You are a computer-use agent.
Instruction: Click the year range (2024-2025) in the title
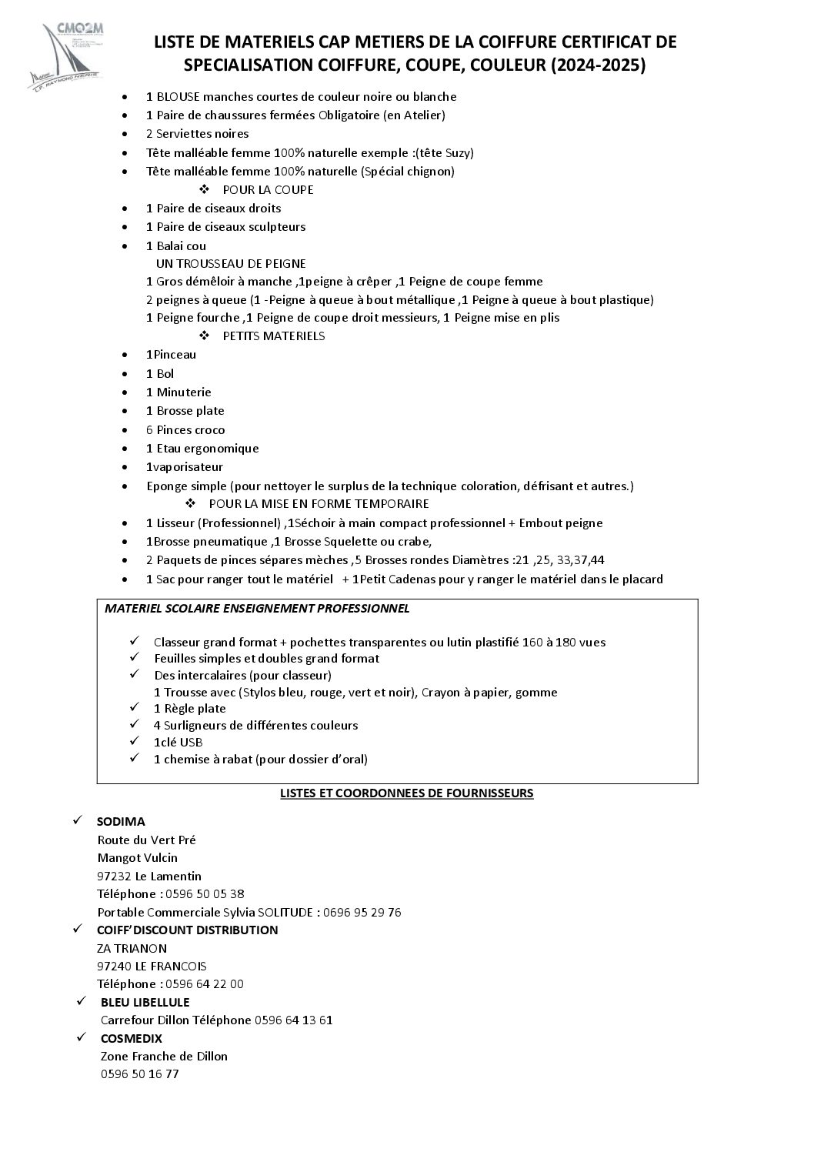pos(599,66)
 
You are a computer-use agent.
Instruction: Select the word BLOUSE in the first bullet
pos(178,97)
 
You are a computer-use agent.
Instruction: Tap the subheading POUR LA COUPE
pos(268,190)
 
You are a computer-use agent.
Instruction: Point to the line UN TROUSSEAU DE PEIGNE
pos(231,263)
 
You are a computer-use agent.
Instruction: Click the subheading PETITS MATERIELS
pos(273,336)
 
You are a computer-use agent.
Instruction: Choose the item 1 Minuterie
pos(178,392)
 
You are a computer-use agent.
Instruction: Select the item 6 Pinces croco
pos(185,430)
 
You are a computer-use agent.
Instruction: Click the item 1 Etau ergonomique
pos(202,449)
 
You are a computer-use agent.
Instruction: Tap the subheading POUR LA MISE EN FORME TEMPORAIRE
pos(319,504)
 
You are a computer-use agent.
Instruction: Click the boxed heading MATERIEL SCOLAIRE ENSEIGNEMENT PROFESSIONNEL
pos(257,609)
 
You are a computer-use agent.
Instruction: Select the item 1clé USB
pos(178,742)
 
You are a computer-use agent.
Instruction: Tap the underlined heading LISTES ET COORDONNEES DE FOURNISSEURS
pos(406,793)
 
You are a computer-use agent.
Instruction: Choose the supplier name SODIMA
pos(121,822)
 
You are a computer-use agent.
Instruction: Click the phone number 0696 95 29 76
pos(362,913)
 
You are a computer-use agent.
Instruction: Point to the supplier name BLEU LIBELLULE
pos(145,1003)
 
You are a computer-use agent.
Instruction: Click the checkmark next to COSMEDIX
pos(81,1038)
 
